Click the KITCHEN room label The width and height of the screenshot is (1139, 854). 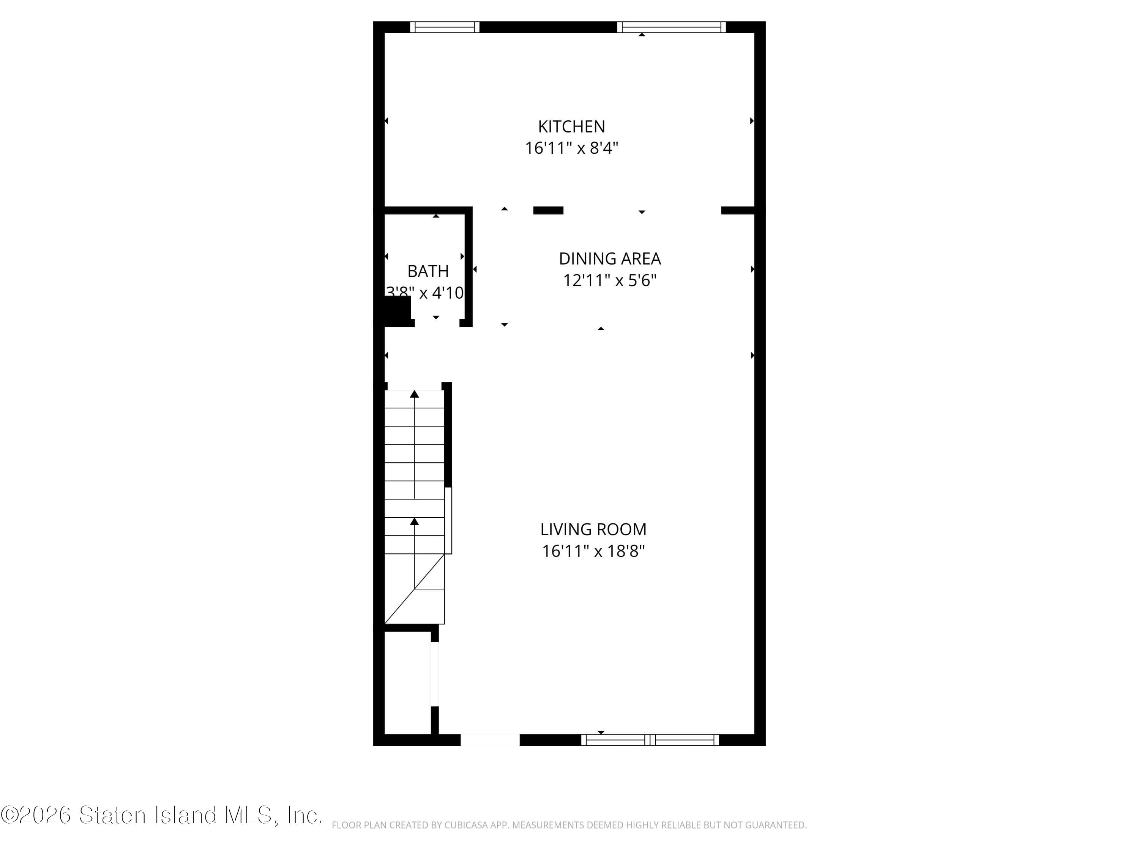click(571, 127)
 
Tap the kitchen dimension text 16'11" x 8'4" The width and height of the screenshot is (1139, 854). click(571, 148)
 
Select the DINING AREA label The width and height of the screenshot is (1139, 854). click(610, 258)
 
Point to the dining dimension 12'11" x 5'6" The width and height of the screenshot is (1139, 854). click(610, 280)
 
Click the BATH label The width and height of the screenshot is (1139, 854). click(428, 271)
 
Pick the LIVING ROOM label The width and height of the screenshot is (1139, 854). click(593, 529)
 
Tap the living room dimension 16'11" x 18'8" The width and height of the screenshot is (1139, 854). click(593, 551)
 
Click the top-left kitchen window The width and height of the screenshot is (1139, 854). click(444, 27)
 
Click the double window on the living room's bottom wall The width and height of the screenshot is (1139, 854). click(650, 740)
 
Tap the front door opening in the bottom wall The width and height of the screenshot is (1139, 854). click(490, 740)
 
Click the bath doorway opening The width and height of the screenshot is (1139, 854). click(437, 322)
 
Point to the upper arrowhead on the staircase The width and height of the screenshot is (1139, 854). click(415, 394)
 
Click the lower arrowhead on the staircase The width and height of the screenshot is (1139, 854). click(415, 522)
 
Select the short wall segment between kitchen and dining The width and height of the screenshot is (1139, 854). click(548, 210)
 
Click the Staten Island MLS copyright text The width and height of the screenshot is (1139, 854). click(162, 815)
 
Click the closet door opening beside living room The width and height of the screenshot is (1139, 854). click(435, 674)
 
